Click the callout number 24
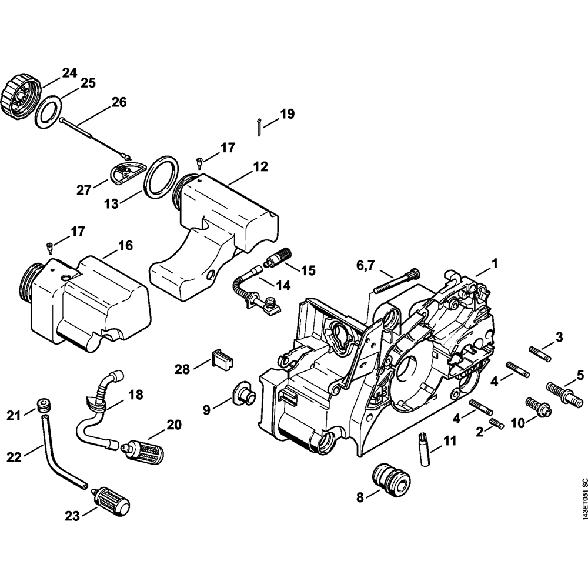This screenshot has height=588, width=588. click(69, 73)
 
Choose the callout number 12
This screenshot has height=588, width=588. click(260, 167)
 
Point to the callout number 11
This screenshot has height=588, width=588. click(449, 440)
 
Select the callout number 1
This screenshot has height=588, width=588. click(495, 265)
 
